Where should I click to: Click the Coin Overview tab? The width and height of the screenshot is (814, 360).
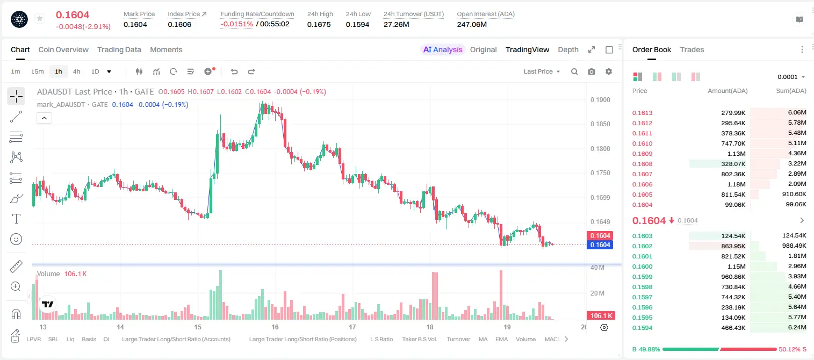pos(63,49)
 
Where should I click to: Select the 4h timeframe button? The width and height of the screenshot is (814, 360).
pos(76,71)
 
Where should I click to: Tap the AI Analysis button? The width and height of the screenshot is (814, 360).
pos(443,49)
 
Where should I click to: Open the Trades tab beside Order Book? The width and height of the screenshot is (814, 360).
pos(692,49)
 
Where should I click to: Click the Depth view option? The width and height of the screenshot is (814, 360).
pos(568,49)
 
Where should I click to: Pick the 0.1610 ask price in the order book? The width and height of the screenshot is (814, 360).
pos(642,143)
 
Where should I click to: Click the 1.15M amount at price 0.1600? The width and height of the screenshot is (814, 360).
pos(736,267)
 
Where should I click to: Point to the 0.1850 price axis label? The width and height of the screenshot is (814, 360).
pos(600,124)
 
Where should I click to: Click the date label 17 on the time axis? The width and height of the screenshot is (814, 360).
pos(352,327)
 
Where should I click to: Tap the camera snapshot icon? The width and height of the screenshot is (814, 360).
pos(592,71)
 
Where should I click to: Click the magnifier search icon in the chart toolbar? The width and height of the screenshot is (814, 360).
pos(574,71)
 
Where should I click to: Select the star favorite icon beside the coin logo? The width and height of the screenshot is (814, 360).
pos(40,18)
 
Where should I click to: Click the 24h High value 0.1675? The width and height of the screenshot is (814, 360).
pos(319,24)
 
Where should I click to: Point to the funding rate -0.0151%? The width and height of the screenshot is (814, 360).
pos(236,24)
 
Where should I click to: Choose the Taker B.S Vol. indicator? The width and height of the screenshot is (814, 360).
pos(420,339)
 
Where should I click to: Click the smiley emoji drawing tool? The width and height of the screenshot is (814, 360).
pos(16,239)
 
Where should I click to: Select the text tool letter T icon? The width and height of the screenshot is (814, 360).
pos(16,219)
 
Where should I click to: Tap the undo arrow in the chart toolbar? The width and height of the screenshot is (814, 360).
pos(234,71)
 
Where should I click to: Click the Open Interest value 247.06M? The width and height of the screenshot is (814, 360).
pos(472,24)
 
